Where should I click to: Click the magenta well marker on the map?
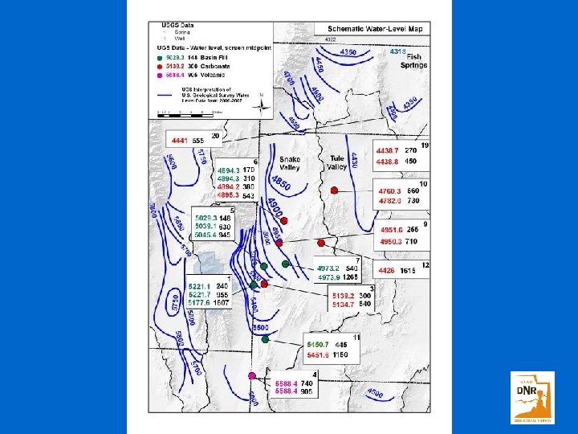252,375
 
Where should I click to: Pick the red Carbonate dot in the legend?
161,67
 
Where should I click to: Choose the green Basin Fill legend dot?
161,57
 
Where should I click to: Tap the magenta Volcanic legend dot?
161,76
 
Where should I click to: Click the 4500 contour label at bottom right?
376,393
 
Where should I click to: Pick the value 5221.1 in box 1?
200,285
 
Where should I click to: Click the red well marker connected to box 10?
333,190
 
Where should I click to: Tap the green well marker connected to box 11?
265,339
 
